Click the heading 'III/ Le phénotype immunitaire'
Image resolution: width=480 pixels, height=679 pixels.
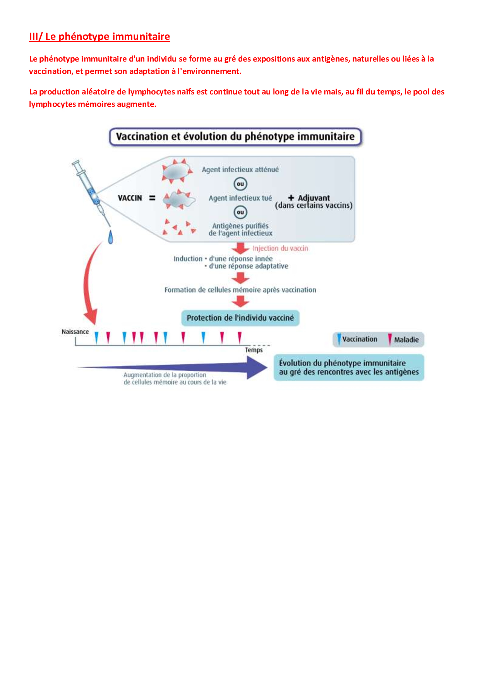coord(99,36)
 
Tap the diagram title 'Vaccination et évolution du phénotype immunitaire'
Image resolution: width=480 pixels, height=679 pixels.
coord(235,137)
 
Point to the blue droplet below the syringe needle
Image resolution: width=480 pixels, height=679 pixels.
coord(110,237)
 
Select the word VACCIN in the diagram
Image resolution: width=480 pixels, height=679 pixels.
coord(130,198)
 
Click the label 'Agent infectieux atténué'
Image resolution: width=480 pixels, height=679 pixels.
coord(240,170)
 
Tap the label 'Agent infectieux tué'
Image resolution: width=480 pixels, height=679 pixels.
coord(240,198)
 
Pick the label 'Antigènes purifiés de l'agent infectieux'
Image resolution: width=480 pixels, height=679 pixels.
coord(240,229)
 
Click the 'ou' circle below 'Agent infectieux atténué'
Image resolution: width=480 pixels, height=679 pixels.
coord(240,184)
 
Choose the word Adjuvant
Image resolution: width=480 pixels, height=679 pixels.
coord(314,198)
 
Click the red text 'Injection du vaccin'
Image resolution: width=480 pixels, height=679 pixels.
coord(280,249)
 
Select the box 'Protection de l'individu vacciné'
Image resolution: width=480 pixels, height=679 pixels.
coord(240,318)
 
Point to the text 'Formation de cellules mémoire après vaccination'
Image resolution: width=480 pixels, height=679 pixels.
coord(240,290)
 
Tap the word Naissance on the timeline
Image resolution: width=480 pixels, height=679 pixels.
coord(75,332)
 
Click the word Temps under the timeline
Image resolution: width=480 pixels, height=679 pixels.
coord(254,350)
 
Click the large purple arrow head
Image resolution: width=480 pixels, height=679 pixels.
coord(256,367)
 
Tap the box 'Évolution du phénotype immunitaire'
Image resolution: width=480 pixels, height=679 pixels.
coord(349,367)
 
